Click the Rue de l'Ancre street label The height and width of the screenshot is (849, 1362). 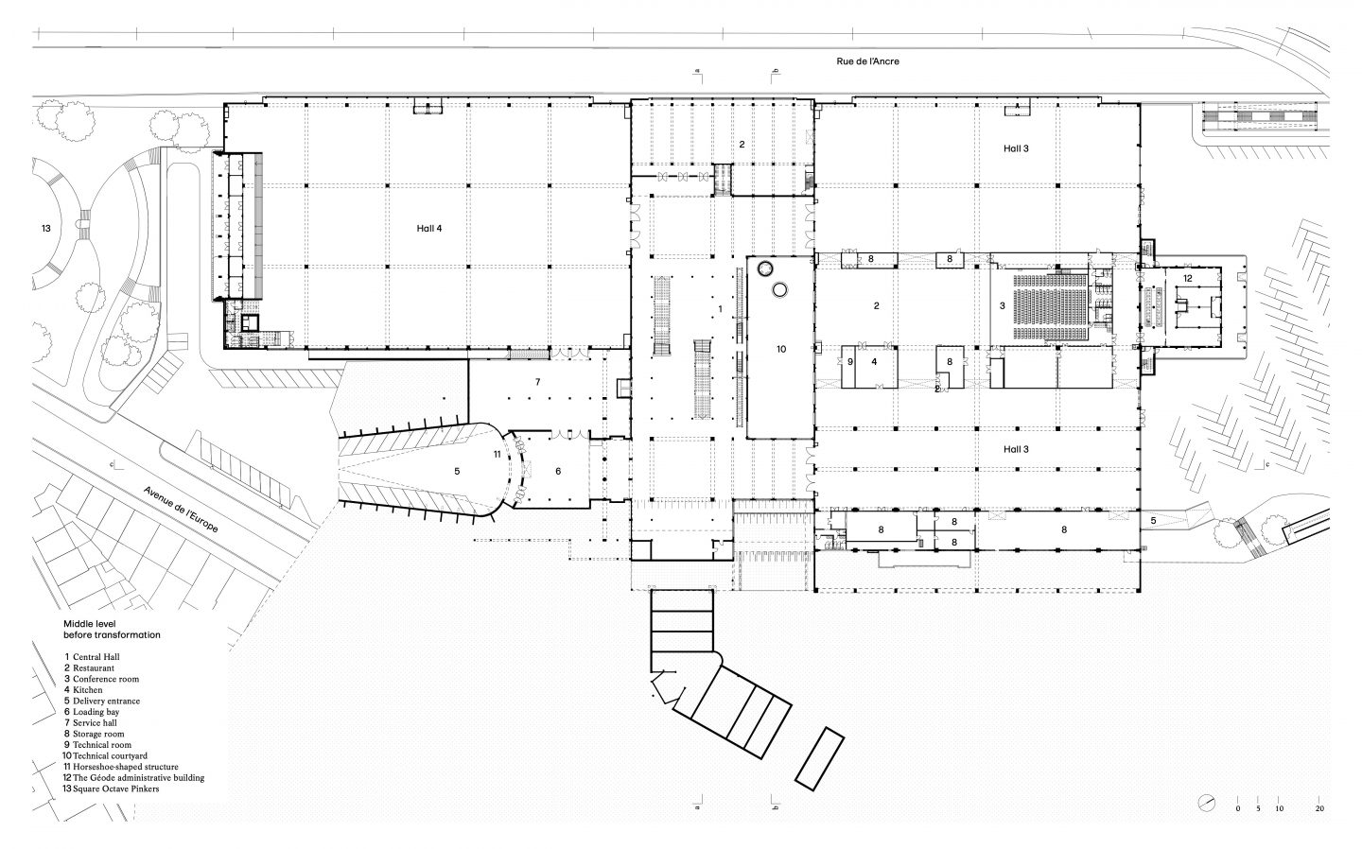click(867, 61)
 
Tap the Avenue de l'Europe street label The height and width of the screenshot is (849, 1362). click(181, 510)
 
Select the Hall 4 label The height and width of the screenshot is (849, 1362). click(429, 229)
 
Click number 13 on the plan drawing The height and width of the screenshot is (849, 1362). click(46, 229)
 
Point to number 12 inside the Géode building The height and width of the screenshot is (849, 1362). click(1188, 278)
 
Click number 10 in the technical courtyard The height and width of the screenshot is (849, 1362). click(781, 350)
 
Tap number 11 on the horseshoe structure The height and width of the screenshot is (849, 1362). click(498, 454)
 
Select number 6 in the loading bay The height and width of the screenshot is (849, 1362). click(558, 471)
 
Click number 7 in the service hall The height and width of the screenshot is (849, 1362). click(537, 382)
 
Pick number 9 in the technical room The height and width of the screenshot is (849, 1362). click(850, 361)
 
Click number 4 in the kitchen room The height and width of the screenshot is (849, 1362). click(874, 361)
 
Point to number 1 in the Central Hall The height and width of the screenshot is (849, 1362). click(721, 309)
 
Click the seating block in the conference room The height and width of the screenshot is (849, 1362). click(1050, 306)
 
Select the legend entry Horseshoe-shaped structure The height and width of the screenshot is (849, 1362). click(121, 767)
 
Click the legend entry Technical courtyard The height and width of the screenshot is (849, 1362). click(105, 756)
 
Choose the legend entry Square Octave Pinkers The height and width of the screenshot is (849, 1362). click(111, 788)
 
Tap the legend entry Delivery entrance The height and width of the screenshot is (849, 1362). click(102, 701)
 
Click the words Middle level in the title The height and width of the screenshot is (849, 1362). click(89, 624)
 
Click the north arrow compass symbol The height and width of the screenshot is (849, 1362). click(1206, 803)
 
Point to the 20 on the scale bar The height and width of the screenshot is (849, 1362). click(1319, 809)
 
